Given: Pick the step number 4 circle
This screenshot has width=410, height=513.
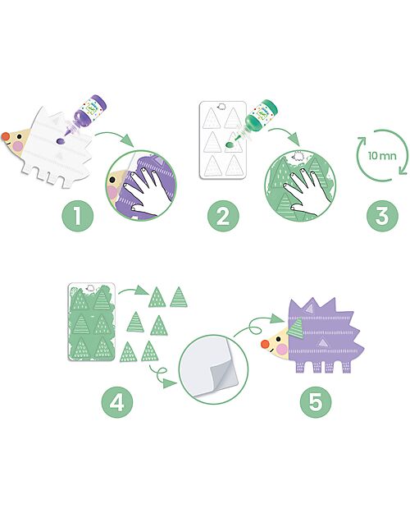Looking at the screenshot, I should [x=117, y=401].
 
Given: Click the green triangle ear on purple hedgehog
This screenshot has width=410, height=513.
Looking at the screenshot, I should [x=295, y=327].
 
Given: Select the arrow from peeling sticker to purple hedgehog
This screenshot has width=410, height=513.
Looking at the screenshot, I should [x=253, y=324].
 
